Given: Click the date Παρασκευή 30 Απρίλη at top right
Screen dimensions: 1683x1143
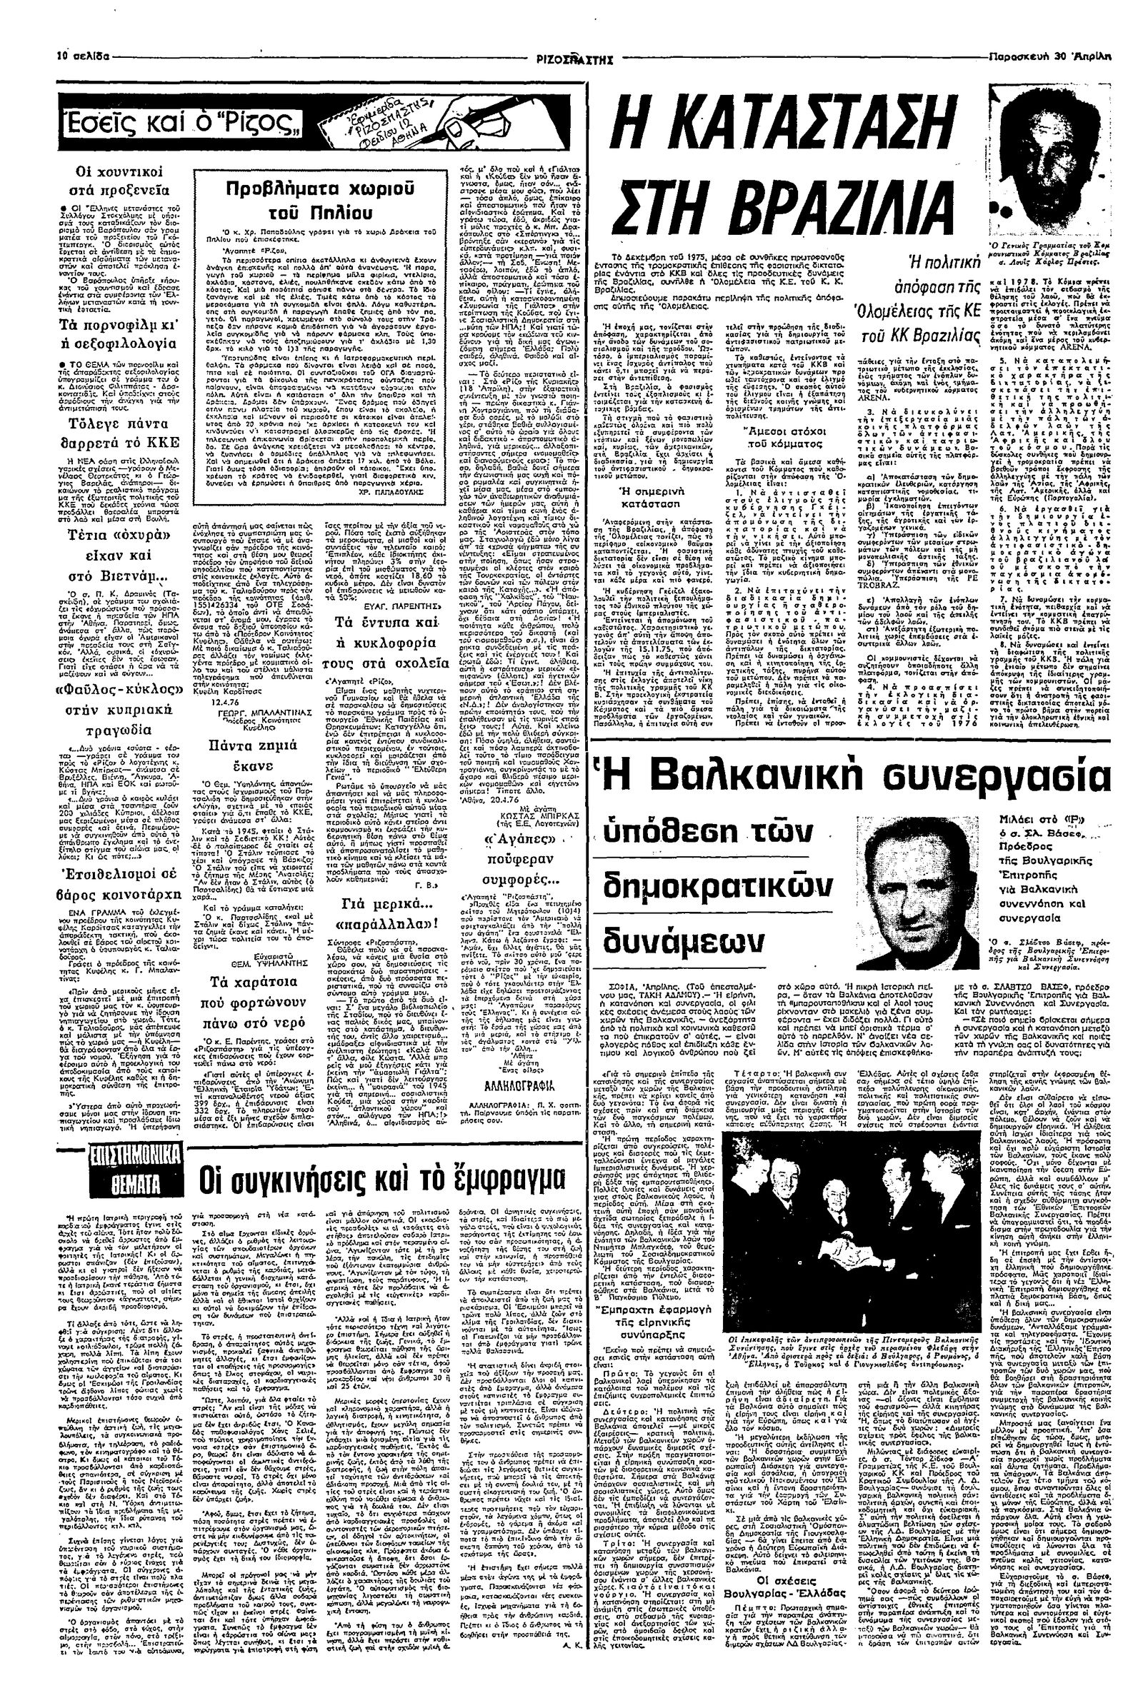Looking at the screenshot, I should [x=1085, y=55].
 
